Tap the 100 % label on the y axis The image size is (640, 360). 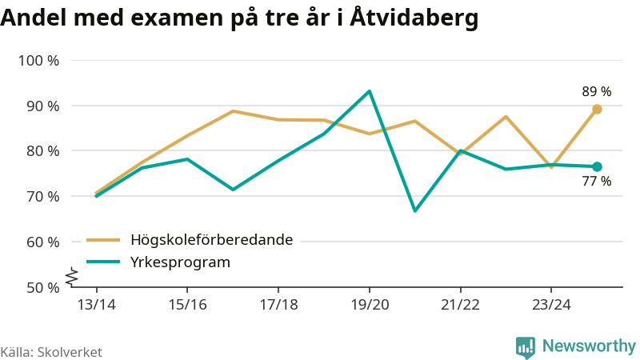coord(38,61)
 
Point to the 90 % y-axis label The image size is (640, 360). coord(42,106)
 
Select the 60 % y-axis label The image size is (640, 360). coord(42,242)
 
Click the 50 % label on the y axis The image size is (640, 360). coord(42,287)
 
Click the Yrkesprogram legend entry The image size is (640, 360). coord(180,262)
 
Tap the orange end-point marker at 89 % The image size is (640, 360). coord(597,109)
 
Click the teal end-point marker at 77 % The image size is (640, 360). coord(597,166)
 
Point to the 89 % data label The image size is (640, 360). coord(597,92)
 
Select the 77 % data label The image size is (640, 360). coord(597,182)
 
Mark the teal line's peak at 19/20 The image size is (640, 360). coord(369,91)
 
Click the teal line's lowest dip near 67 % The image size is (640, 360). coord(414,211)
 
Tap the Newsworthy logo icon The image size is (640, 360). coord(526,346)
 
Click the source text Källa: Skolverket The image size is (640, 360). coord(51,352)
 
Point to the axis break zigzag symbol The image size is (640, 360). coord(70,276)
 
